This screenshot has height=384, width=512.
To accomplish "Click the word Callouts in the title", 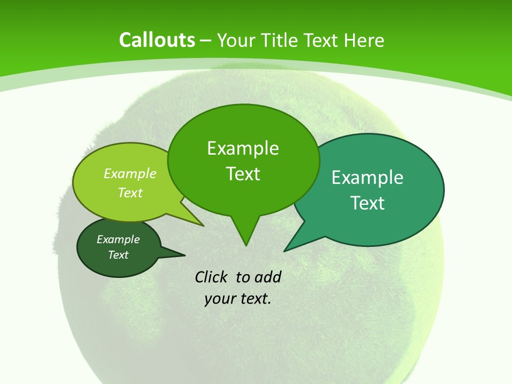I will [x=157, y=40].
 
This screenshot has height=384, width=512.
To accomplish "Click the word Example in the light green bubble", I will [x=130, y=173].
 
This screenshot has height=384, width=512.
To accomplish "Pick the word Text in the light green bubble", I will [x=130, y=193].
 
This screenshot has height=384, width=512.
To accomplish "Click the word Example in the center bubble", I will [x=243, y=148].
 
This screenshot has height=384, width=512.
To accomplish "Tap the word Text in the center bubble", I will [x=243, y=174].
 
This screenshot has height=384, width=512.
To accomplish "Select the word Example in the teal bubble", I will [x=367, y=178].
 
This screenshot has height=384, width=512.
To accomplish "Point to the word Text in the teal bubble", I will [x=367, y=203].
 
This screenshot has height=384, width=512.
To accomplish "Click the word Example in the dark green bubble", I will [x=118, y=239].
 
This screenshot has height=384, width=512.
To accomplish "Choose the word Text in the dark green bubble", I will [x=118, y=255].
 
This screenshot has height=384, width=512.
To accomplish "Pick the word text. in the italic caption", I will [x=253, y=299].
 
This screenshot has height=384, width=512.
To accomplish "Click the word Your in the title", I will [x=236, y=40].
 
